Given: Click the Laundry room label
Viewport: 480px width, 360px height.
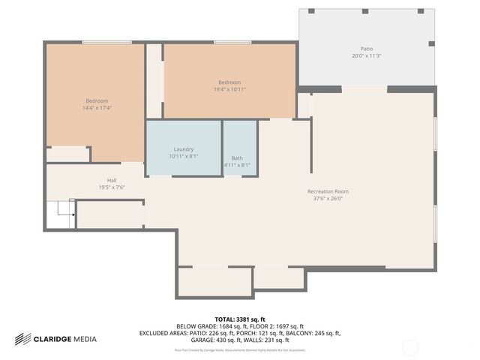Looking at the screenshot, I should point(184,148).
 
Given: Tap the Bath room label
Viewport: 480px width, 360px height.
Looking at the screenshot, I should point(237,158).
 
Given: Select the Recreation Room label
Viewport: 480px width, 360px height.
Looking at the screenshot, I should point(328,191).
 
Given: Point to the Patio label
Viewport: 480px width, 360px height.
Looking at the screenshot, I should point(367,49).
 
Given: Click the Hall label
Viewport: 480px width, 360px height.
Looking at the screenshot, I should point(112,180).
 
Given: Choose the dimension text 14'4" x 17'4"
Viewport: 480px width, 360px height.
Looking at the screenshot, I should point(97,108).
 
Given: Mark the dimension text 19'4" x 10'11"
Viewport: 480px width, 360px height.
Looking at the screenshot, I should point(229,89).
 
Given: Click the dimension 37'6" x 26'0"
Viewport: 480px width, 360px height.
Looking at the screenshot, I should point(328,199).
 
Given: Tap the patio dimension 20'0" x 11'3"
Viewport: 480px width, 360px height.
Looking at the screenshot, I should point(367,56).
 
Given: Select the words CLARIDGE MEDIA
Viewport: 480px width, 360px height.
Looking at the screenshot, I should point(65,339).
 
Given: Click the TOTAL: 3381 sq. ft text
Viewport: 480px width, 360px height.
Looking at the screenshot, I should point(240,319).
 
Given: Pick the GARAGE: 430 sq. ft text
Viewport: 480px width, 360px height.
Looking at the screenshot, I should point(208,340).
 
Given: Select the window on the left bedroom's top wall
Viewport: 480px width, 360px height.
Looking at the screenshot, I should point(102,42).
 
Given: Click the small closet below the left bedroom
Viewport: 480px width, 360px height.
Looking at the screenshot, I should point(67,154).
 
